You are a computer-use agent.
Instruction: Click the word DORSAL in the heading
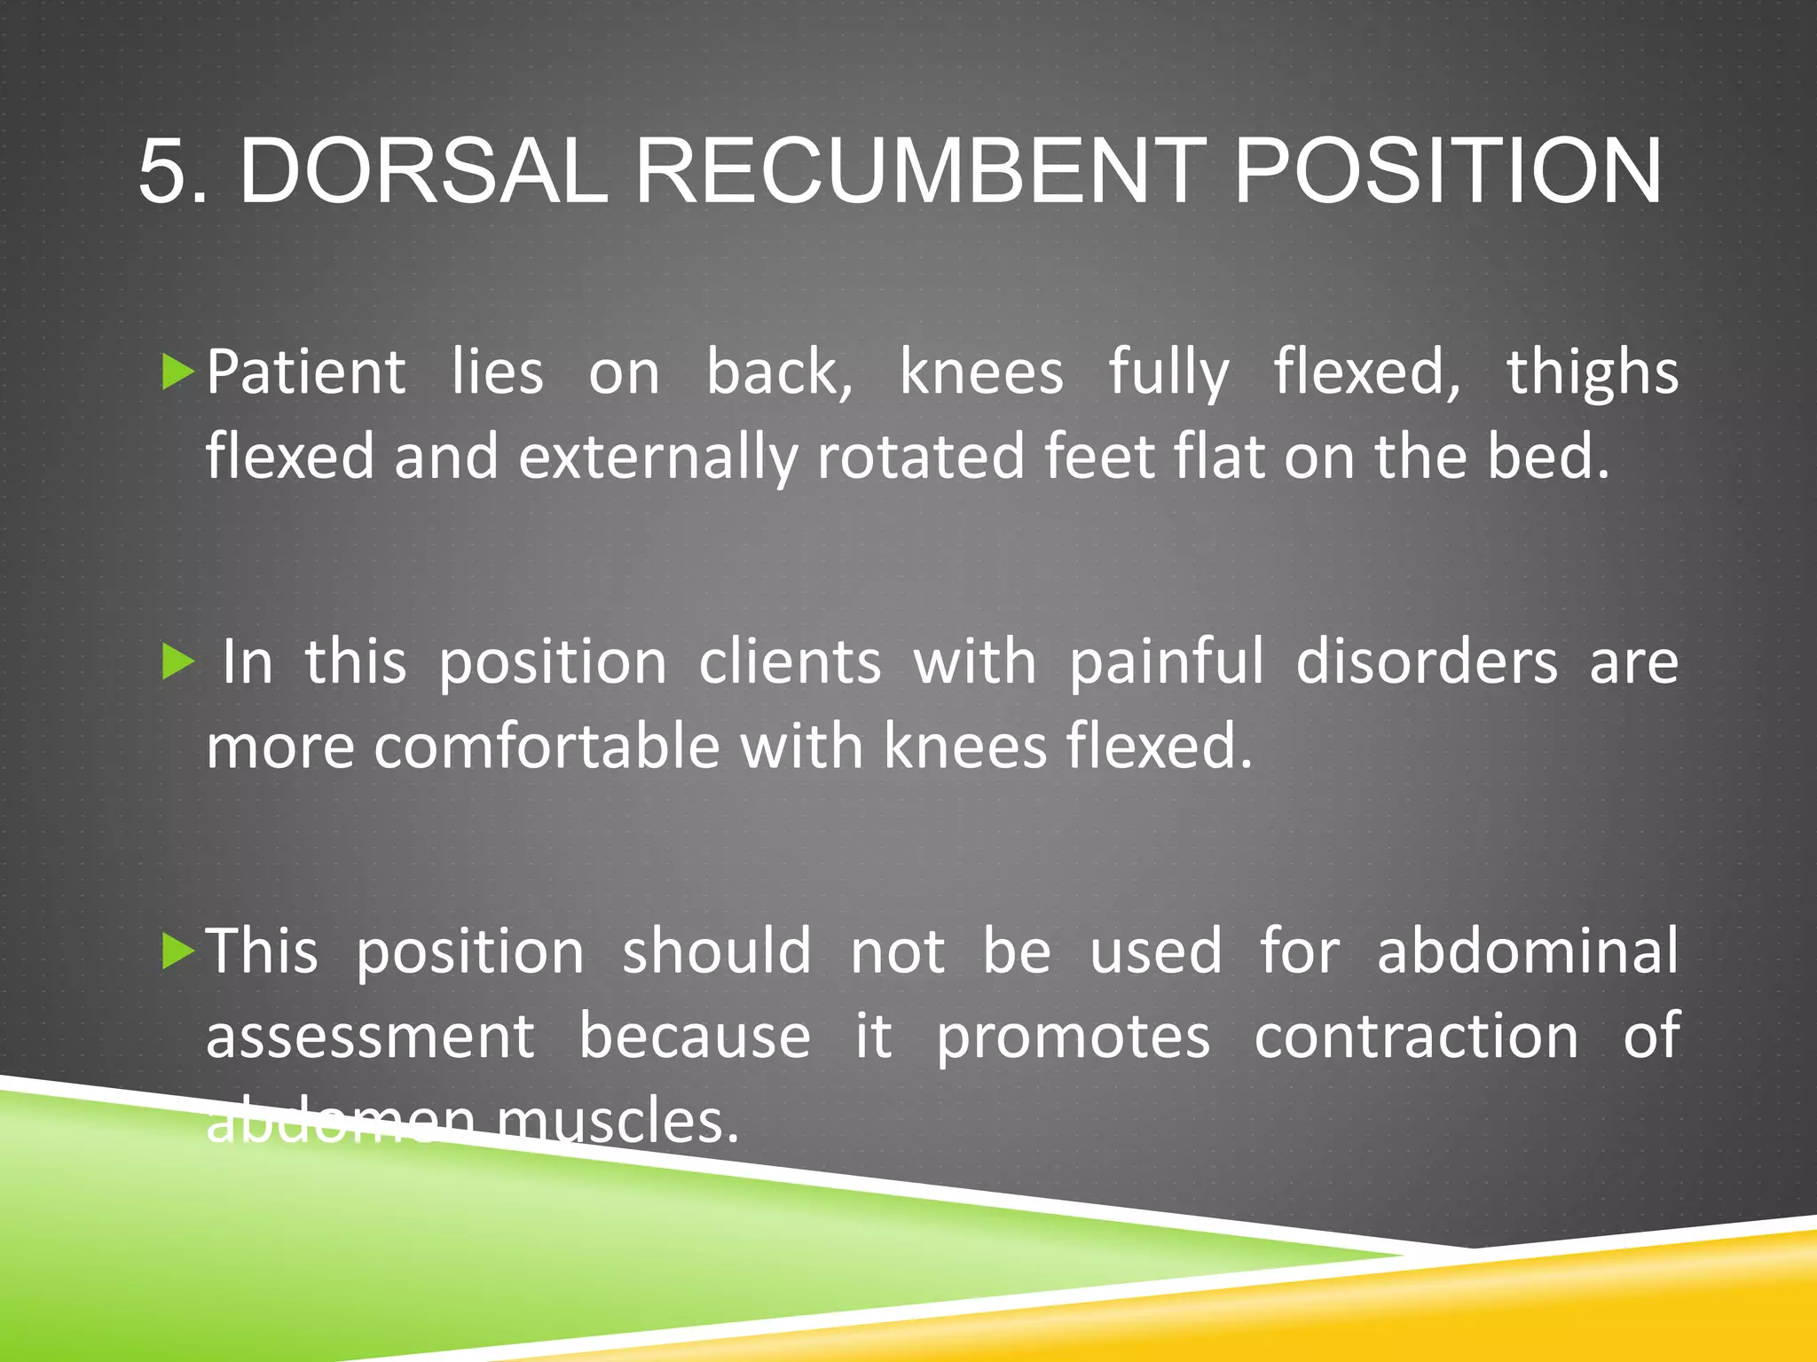point(423,172)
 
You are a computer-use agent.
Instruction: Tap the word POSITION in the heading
point(1447,172)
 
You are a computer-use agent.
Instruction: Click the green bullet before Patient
point(178,372)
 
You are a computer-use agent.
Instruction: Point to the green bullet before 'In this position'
point(178,662)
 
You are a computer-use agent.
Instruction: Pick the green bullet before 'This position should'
point(178,952)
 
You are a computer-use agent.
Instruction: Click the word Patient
point(306,372)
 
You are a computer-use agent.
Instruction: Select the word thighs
point(1593,372)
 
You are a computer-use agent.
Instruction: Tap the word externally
point(657,458)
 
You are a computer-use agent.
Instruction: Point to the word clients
point(790,662)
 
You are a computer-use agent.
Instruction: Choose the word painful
point(1166,662)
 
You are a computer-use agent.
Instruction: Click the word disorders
point(1426,662)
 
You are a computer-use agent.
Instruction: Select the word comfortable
point(547,747)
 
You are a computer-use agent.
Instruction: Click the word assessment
point(371,1037)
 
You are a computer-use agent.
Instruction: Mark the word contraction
point(1416,1037)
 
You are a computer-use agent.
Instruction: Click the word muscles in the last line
point(617,1122)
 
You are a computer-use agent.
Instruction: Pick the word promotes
point(1074,1037)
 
